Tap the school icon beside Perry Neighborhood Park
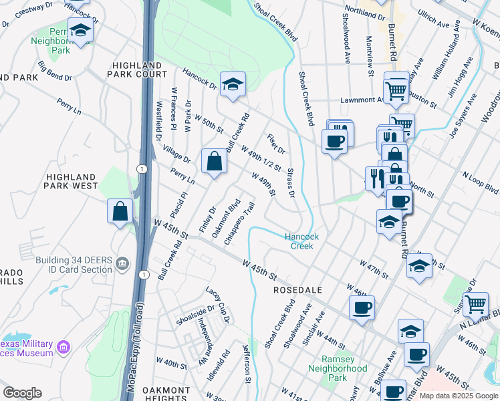pyautogui.click(x=80, y=31)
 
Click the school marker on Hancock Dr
pyautogui.click(x=232, y=85)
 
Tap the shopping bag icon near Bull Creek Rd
pyautogui.click(x=214, y=161)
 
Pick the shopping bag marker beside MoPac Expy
pyautogui.click(x=120, y=211)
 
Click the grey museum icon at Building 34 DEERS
pyautogui.click(x=122, y=264)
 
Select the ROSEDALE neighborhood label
pyautogui.click(x=298, y=291)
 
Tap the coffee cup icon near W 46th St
pyautogui.click(x=362, y=307)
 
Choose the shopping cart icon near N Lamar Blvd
pyautogui.click(x=475, y=304)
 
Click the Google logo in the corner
pyautogui.click(x=22, y=393)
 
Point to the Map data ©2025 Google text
pyautogui.click(x=458, y=396)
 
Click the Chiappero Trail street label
pyautogui.click(x=239, y=223)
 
